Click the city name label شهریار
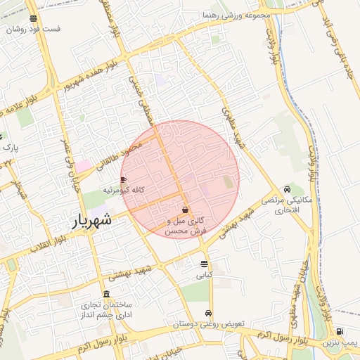coord(92,221)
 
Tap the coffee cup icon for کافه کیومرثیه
coord(124,180)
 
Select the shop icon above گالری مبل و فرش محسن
coord(185,210)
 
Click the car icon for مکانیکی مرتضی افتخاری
coord(287,190)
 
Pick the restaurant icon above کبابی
coord(204,264)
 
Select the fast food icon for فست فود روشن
coord(34,19)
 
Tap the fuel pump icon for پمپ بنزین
coord(340,332)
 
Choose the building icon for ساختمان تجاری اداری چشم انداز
coord(106,294)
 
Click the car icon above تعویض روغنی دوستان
coord(208,314)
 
